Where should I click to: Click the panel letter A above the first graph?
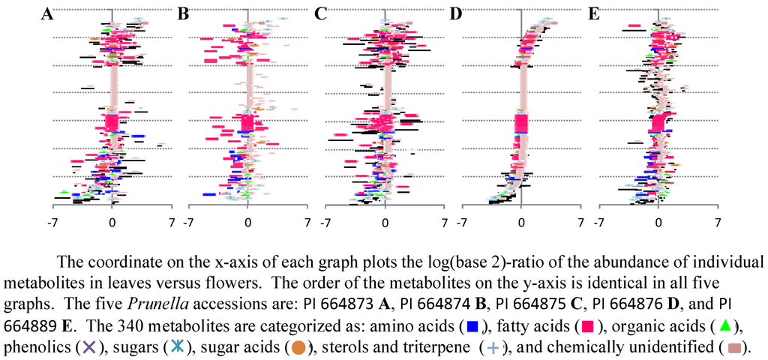coord(46,13)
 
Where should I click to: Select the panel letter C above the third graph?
coord(320,13)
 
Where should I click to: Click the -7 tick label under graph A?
coord(52,223)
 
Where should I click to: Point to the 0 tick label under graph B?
coord(247,223)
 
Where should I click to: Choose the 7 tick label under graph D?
coord(581,223)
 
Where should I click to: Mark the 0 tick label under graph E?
coord(658,223)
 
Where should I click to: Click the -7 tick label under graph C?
coord(325,223)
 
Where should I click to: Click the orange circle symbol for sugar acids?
coord(298,348)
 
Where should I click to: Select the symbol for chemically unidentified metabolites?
coord(736,348)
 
